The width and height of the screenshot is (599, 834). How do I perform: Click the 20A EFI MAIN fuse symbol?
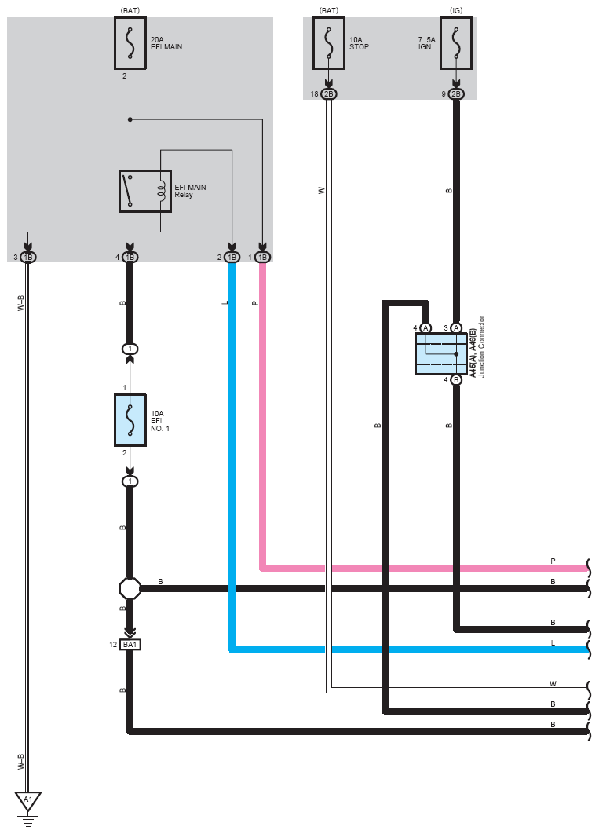tap(130, 43)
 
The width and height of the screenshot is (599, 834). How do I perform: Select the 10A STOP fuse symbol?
tap(329, 43)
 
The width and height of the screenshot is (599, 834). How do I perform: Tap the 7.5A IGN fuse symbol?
tap(456, 43)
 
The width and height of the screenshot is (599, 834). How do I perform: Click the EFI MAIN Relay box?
tap(145, 191)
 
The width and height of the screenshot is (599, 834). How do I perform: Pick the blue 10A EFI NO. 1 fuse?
tap(130, 420)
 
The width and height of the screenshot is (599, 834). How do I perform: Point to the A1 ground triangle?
tap(28, 801)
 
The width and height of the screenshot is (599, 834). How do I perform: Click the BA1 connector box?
tap(130, 645)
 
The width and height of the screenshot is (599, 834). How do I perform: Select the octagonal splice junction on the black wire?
tap(130, 588)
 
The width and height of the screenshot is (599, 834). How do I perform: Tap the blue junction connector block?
tap(440, 353)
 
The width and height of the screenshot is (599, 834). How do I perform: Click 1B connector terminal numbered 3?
tap(28, 258)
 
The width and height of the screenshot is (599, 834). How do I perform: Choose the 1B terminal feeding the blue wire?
tap(232, 258)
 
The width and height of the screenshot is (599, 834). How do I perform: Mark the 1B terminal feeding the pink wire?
tap(262, 258)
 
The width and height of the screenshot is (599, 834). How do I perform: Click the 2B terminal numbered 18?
tap(329, 94)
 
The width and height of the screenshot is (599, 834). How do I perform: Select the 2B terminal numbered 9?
tap(456, 94)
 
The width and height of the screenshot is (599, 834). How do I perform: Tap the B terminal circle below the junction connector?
tap(456, 380)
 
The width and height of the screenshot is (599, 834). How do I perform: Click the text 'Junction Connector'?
tap(481, 346)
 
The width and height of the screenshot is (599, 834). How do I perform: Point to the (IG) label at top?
tap(456, 11)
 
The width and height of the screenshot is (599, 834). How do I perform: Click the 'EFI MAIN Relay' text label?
tap(190, 191)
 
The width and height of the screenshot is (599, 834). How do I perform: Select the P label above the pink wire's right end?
tap(553, 561)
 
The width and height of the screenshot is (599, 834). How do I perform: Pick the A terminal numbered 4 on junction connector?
tap(426, 328)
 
